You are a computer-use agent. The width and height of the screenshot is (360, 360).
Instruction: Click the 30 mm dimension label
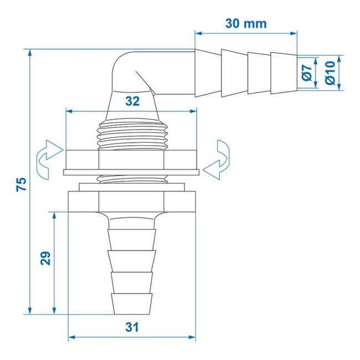[x=246, y=23]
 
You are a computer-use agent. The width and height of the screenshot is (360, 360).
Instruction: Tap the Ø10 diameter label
[x=330, y=73]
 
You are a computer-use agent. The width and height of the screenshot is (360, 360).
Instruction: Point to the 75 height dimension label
[x=21, y=184]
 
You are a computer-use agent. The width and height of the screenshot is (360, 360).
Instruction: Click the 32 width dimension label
[x=131, y=101]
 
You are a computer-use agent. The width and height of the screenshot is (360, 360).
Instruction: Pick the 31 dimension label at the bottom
[x=131, y=327]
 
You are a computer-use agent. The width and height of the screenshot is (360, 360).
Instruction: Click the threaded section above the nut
[x=131, y=135]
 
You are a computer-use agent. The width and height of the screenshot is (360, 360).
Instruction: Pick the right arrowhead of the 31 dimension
[x=194, y=338]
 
